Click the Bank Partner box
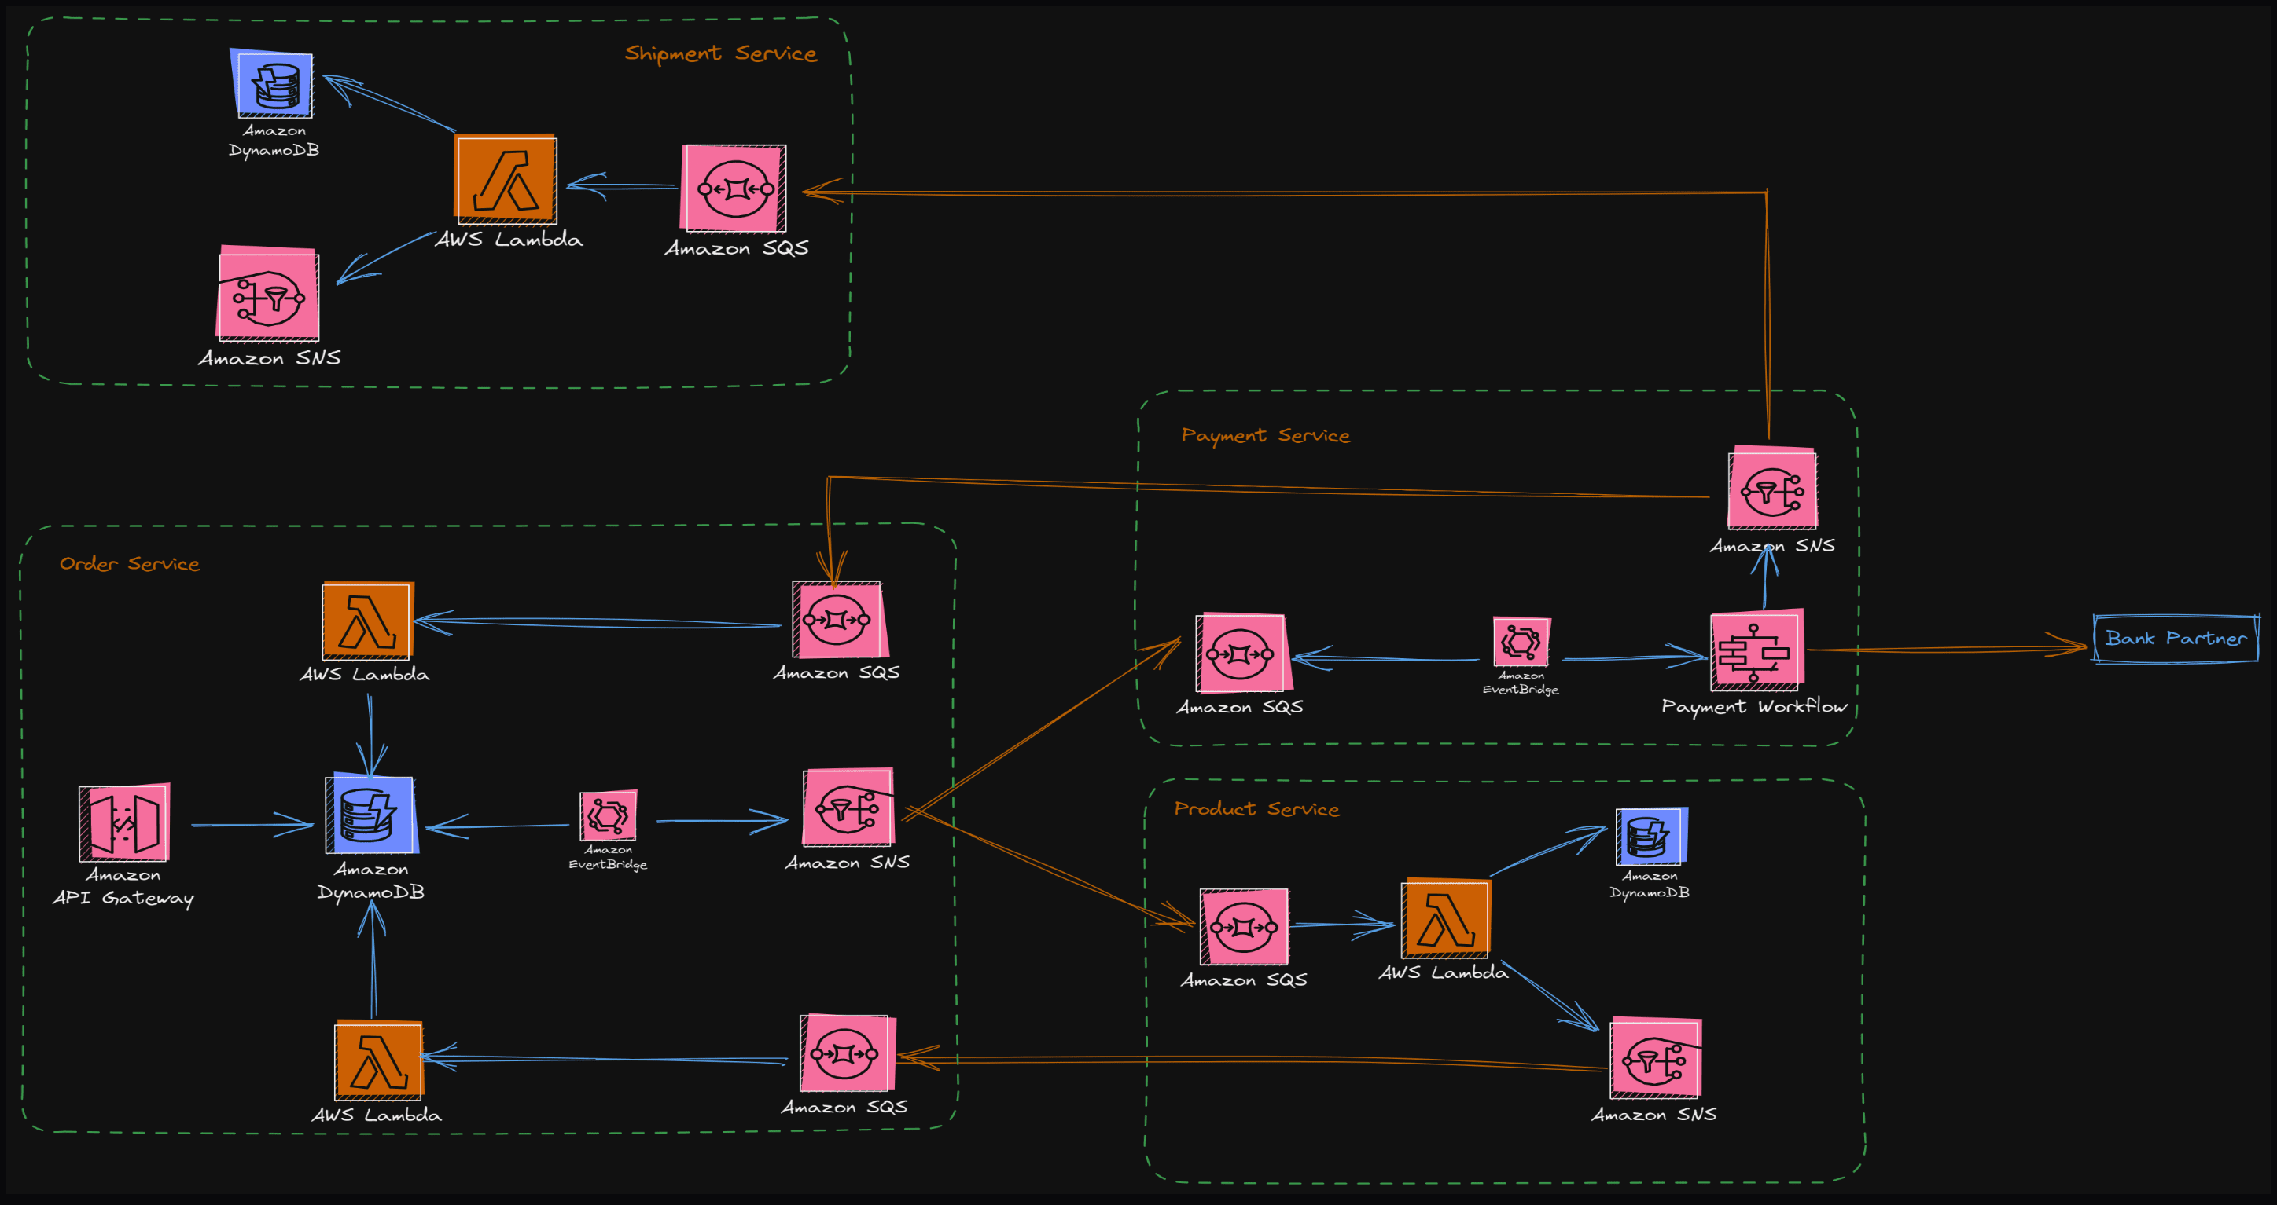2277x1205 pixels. (2176, 639)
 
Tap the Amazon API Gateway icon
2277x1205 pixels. (125, 822)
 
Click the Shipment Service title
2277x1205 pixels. (720, 54)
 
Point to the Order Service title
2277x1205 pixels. (129, 564)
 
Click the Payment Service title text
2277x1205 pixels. (1265, 435)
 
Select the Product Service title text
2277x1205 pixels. (1256, 809)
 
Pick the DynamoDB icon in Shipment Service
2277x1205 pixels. (273, 84)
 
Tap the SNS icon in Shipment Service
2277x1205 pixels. (269, 295)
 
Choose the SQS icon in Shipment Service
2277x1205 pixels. (734, 189)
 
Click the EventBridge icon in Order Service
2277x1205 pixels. (607, 815)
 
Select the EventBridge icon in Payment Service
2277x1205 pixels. (1521, 641)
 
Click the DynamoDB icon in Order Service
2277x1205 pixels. (370, 815)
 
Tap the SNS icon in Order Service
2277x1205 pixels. (848, 808)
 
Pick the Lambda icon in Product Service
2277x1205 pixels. (1445, 919)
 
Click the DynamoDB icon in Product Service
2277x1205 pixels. (1650, 836)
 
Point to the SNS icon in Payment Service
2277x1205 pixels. (1772, 489)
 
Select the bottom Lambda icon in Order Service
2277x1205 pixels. (377, 1060)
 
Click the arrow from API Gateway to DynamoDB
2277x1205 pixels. (252, 824)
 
